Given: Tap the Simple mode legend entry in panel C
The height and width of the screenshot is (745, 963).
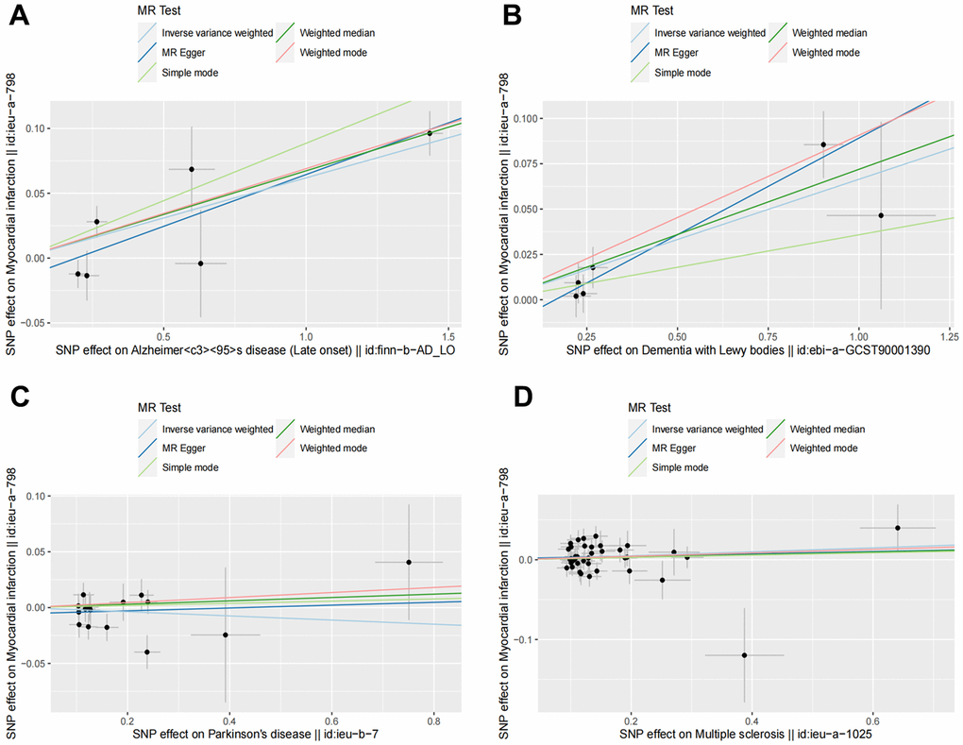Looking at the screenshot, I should click(187, 468).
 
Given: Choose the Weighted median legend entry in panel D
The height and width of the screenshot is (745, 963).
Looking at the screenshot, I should click(827, 429).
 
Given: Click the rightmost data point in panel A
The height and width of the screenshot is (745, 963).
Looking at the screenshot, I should click(430, 133).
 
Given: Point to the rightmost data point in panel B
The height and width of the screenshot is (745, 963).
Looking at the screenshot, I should click(881, 215).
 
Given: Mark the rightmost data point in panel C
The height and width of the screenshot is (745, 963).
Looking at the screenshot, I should click(409, 562).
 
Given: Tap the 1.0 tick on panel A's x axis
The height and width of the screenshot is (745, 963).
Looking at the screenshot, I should click(306, 336).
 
